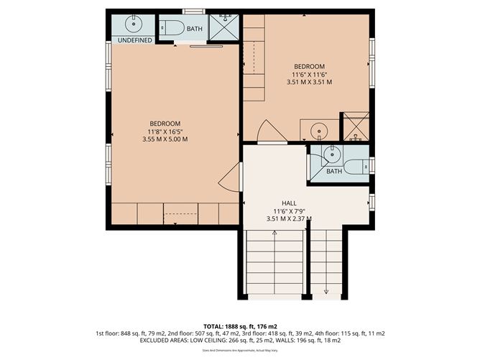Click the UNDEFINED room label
point(134,41)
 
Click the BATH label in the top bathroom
point(195,29)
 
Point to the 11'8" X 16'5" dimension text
point(165,131)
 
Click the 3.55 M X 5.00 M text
point(165,139)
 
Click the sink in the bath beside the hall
point(331,154)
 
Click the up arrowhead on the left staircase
point(274,233)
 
